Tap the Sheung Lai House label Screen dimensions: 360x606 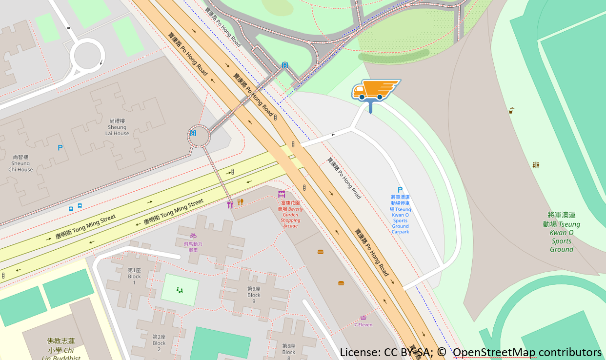point(117,127)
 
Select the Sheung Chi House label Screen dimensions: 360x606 point(20,163)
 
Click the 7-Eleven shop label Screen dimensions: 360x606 point(363,325)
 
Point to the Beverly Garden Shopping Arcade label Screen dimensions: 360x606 point(291,214)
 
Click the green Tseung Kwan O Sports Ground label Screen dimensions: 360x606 point(562,232)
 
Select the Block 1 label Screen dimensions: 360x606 point(134,276)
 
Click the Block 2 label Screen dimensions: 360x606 point(159,340)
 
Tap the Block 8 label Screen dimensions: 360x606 point(288,352)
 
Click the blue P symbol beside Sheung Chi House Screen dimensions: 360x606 point(60,147)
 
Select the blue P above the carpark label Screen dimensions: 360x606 point(400,190)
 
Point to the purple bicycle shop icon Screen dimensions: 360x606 point(193,236)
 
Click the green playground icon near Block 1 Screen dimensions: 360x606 point(180,291)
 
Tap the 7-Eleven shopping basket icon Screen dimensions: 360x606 point(363,318)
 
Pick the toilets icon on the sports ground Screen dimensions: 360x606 point(536,165)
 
